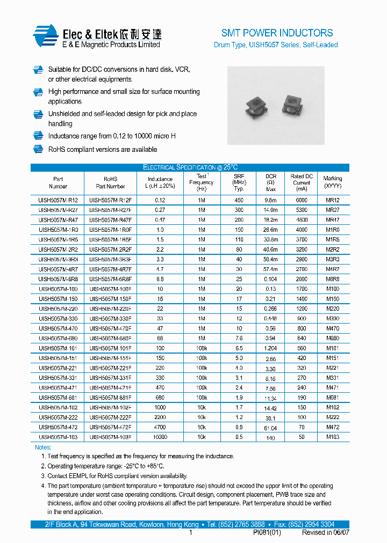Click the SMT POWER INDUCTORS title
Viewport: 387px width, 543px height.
pyautogui.click(x=277, y=33)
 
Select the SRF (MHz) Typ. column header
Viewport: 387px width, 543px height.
pyautogui.click(x=239, y=182)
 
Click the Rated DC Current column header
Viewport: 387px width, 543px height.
pyautogui.click(x=302, y=182)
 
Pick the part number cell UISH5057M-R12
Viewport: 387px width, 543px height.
pyautogui.click(x=58, y=200)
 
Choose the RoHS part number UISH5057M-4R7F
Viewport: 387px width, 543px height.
pyautogui.click(x=110, y=269)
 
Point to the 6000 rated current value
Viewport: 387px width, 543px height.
pyautogui.click(x=302, y=200)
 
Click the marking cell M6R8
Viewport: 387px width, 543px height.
pyautogui.click(x=333, y=279)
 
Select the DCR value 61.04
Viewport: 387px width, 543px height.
pyautogui.click(x=270, y=428)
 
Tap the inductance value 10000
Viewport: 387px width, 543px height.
pyautogui.click(x=160, y=437)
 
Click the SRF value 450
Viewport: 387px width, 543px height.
pyautogui.click(x=239, y=200)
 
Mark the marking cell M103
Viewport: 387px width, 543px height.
pyautogui.click(x=333, y=437)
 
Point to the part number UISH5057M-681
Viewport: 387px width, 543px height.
pyautogui.click(x=58, y=398)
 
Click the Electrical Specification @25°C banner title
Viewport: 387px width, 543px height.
pyautogui.click(x=190, y=167)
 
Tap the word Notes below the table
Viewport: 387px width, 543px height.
pyautogui.click(x=43, y=447)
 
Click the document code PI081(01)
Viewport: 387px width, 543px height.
pyautogui.click(x=267, y=533)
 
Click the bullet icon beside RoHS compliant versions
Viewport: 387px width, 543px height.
pyautogui.click(x=38, y=149)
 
